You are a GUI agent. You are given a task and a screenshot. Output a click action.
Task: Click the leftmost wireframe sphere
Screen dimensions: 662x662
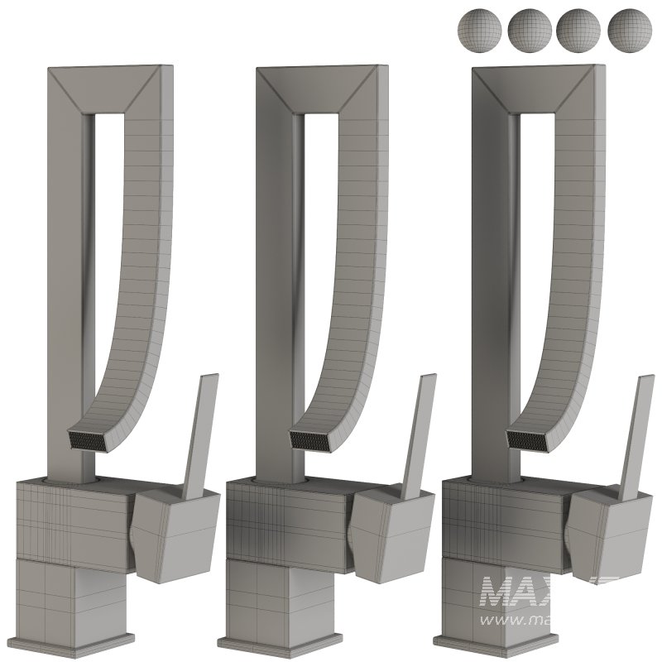[478, 31]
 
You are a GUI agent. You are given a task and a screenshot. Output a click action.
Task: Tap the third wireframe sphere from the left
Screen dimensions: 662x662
[578, 31]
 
